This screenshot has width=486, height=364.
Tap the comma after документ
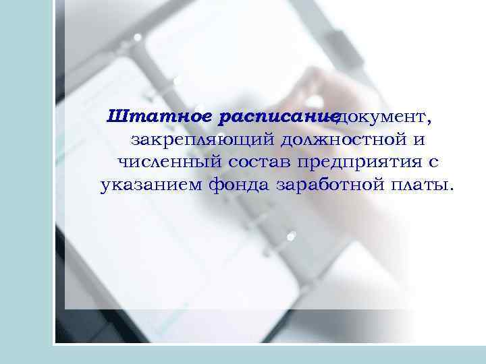429,123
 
